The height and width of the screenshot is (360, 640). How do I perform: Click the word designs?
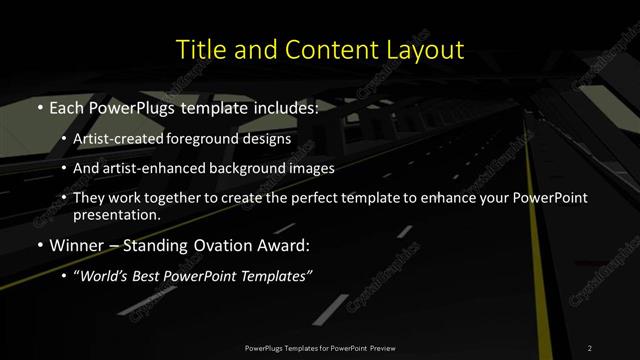270,139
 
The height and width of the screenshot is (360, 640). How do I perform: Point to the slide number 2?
590,347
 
